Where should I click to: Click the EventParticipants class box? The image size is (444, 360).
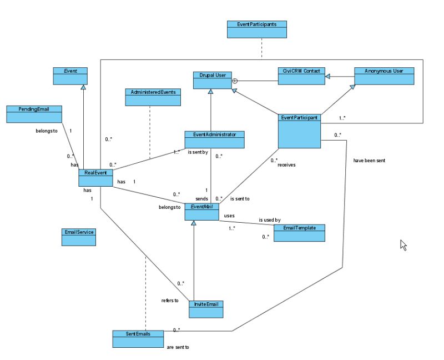coord(257,29)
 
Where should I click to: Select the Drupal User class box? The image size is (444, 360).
coord(212,80)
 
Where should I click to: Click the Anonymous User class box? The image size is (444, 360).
coord(384,76)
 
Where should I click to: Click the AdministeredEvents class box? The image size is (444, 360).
coord(152,97)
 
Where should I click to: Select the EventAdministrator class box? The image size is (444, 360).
coord(214,139)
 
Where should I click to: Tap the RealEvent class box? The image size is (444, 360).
coord(95,178)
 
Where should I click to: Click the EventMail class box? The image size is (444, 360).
coord(201,211)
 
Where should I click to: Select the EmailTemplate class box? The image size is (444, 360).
coord(296,233)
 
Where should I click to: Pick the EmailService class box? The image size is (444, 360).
coord(78,237)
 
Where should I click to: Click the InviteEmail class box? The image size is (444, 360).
coord(206,308)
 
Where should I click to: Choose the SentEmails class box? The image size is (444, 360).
coord(138,339)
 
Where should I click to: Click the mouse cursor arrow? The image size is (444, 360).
coord(403,245)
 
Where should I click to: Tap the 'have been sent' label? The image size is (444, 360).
coord(369,161)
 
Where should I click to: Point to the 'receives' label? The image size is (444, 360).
coord(286,164)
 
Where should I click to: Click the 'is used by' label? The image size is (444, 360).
coord(269,220)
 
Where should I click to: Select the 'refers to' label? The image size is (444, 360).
coord(169,301)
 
